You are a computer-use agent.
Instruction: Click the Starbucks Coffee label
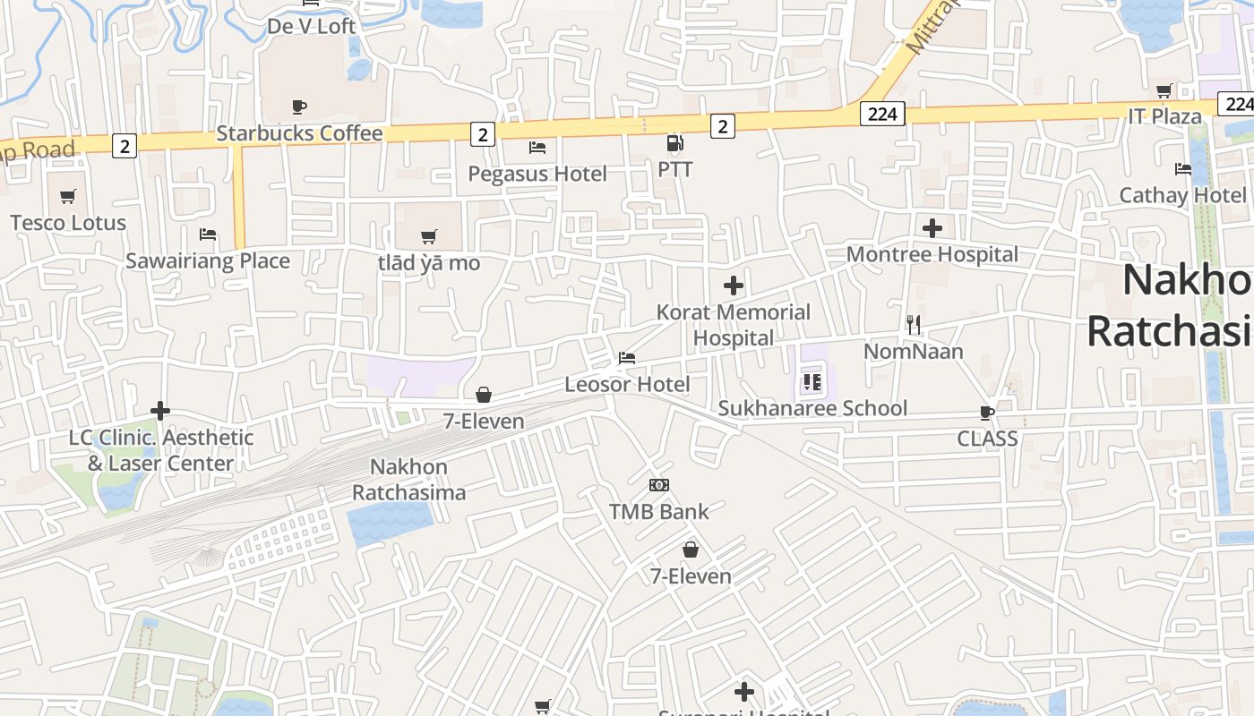(299, 133)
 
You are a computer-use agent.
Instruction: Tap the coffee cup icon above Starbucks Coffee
(299, 107)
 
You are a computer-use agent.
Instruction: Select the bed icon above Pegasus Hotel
(537, 147)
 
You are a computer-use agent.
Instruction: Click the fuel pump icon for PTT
(674, 143)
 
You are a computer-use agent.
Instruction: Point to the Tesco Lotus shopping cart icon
(68, 196)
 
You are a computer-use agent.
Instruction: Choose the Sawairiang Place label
(208, 260)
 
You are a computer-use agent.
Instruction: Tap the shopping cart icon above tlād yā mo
(429, 236)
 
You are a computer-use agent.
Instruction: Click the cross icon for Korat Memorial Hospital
(734, 286)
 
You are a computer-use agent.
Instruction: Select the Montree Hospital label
(932, 254)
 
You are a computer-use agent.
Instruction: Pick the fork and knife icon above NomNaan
(914, 324)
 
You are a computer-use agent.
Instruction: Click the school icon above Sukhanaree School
(812, 383)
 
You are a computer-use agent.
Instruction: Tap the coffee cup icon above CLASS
(987, 413)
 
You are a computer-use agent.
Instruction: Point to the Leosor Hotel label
(627, 385)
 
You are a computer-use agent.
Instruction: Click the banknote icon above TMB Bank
(659, 485)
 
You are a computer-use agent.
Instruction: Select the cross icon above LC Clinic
(160, 411)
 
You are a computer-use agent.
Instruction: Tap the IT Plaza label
(1164, 116)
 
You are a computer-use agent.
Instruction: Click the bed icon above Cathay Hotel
(1183, 168)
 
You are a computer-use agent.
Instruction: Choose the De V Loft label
(311, 27)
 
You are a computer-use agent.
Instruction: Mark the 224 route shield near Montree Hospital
(882, 114)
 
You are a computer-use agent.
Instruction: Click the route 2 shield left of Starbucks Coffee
(125, 145)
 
